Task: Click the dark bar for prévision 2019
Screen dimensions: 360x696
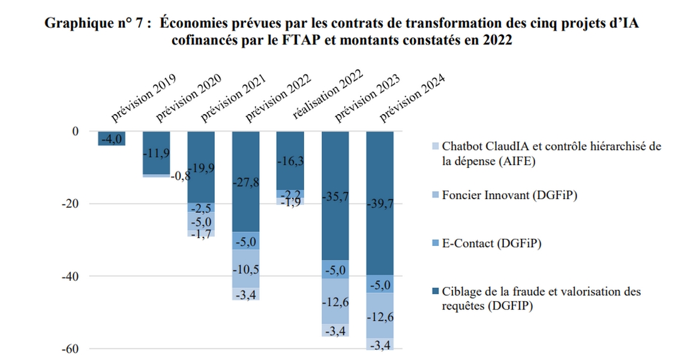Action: [x=112, y=139]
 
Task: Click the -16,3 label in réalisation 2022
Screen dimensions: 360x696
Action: [x=290, y=161]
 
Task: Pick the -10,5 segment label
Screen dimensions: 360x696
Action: [x=247, y=269]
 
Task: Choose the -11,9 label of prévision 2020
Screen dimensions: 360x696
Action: [x=156, y=152]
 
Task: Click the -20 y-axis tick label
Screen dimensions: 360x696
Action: [x=70, y=204]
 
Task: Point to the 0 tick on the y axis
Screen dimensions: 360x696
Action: [x=75, y=131]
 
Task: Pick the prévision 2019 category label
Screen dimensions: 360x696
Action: [x=144, y=100]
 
